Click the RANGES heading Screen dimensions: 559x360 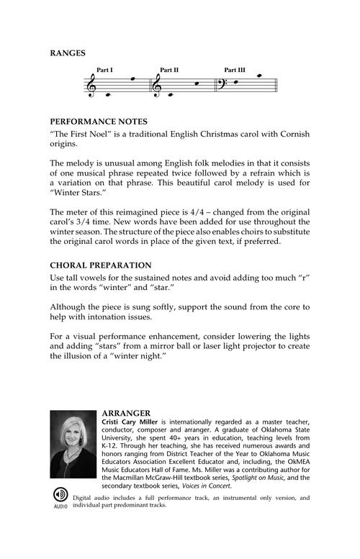click(x=68, y=53)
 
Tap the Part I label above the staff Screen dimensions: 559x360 click(x=104, y=71)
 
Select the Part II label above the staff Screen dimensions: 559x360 click(x=169, y=71)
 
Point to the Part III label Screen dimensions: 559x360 click(x=235, y=71)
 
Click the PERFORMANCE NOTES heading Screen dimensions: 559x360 click(x=99, y=122)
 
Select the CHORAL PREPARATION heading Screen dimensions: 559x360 click(x=100, y=265)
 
